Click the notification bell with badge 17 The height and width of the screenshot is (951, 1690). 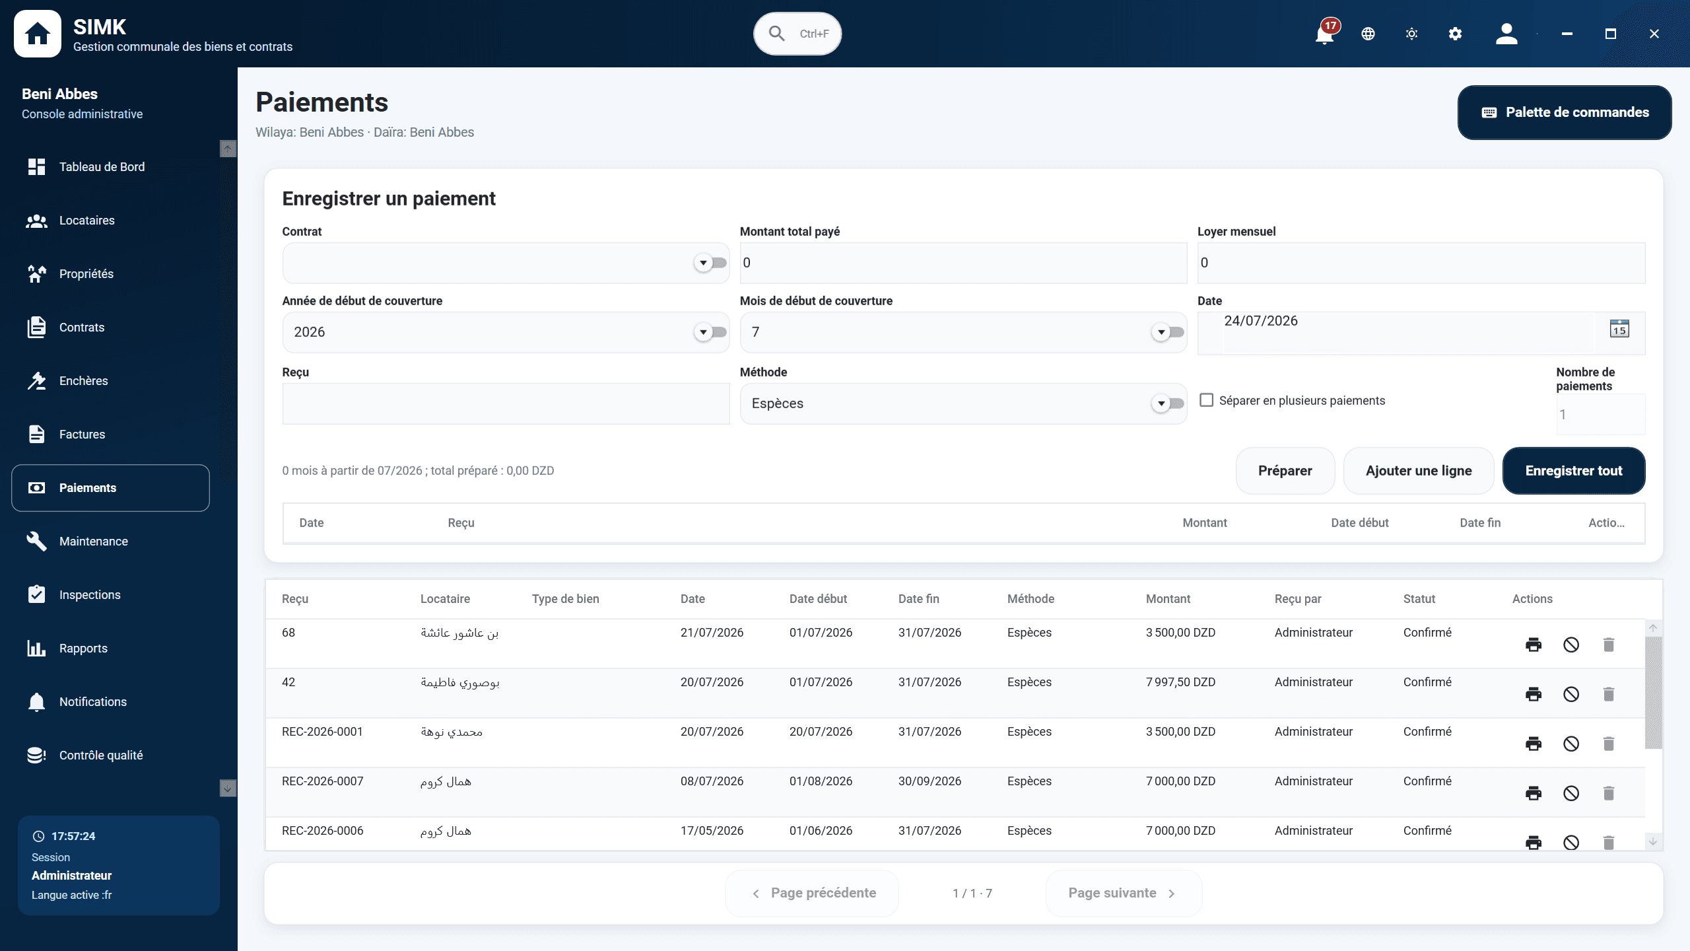point(1324,33)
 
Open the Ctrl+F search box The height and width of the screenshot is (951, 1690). point(797,34)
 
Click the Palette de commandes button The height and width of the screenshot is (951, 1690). point(1565,112)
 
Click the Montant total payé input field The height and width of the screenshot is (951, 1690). point(963,263)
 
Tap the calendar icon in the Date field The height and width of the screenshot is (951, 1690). point(1619,328)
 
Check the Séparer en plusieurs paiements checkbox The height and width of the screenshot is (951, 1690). point(1207,400)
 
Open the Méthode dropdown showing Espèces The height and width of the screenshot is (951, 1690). point(963,404)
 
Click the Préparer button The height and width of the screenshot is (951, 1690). point(1285,471)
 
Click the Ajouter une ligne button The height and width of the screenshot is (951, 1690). point(1419,471)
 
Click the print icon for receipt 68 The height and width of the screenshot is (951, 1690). point(1534,645)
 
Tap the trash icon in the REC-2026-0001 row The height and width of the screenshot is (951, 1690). point(1609,744)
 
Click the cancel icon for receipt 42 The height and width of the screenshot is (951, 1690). point(1571,694)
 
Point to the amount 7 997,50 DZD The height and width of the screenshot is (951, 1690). point(1180,682)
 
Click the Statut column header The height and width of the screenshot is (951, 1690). point(1419,599)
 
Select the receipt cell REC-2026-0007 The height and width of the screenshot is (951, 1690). point(323,781)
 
